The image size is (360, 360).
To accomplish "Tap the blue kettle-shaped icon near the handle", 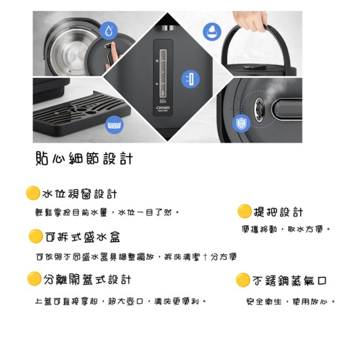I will click(x=211, y=31).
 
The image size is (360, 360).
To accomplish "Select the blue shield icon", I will click(x=242, y=122).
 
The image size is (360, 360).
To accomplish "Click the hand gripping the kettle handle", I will click(x=252, y=20).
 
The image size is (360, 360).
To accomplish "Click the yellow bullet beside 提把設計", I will click(x=244, y=211).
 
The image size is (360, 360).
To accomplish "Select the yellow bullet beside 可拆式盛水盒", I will click(x=36, y=236).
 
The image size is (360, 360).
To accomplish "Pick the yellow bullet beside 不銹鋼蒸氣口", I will click(x=243, y=280).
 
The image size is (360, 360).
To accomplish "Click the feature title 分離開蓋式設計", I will click(x=88, y=279).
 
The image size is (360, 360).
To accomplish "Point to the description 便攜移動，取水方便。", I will click(x=286, y=230).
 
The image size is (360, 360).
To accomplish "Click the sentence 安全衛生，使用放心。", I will click(x=291, y=302).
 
